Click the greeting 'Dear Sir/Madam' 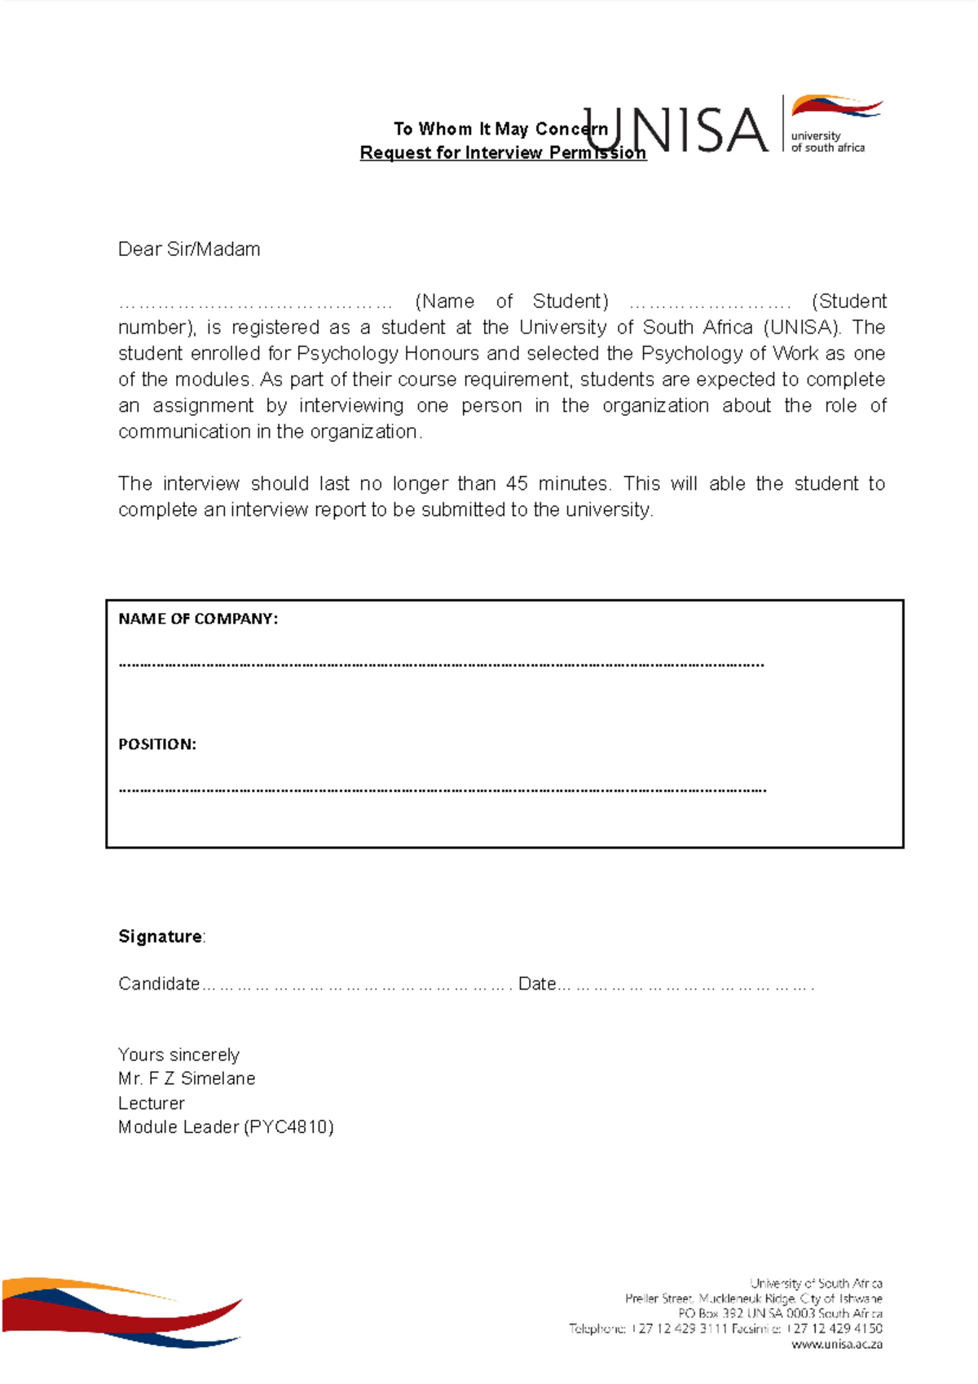189,249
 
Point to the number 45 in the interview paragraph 517,483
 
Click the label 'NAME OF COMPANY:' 198,619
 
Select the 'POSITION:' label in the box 157,744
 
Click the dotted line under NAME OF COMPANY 440,663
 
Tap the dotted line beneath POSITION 440,789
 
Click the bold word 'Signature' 160,937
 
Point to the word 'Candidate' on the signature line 159,984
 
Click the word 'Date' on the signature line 536,984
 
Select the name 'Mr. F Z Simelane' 187,1078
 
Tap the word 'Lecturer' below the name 152,1103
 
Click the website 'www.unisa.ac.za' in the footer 836,1344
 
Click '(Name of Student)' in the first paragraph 511,302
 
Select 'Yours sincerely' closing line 178,1055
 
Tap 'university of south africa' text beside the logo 826,142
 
